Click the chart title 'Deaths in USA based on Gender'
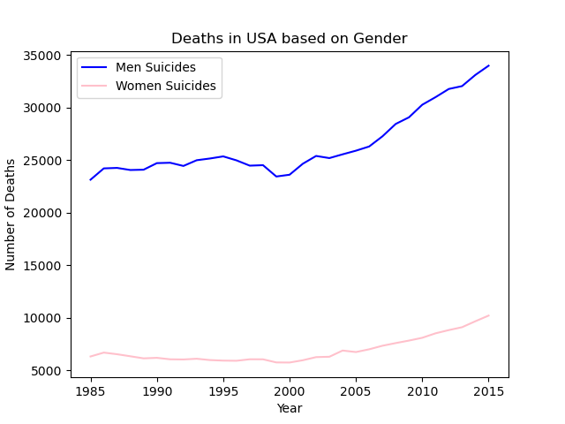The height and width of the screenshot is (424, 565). tap(289, 39)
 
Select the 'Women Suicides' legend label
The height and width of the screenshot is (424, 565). tap(166, 87)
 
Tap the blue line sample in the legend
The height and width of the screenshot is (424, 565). tap(96, 68)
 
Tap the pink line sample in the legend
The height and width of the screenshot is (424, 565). tap(96, 87)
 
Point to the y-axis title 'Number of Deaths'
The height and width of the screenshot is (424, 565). tap(11, 214)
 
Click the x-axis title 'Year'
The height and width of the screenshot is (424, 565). tap(290, 409)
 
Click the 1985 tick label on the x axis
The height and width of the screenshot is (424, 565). tap(90, 391)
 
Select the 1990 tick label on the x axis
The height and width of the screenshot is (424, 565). tap(157, 391)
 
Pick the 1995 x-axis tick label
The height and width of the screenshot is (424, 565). tap(223, 391)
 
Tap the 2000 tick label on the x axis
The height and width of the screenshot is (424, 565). tap(290, 391)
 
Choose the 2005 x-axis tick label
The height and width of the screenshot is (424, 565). tap(356, 391)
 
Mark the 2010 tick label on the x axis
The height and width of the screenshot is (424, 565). tap(422, 391)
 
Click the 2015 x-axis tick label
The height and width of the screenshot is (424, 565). tap(488, 391)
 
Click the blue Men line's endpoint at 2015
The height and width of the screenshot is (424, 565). tap(488, 65)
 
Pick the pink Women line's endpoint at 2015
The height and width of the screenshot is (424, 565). tap(488, 315)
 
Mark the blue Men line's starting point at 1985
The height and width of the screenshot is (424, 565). tap(90, 180)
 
